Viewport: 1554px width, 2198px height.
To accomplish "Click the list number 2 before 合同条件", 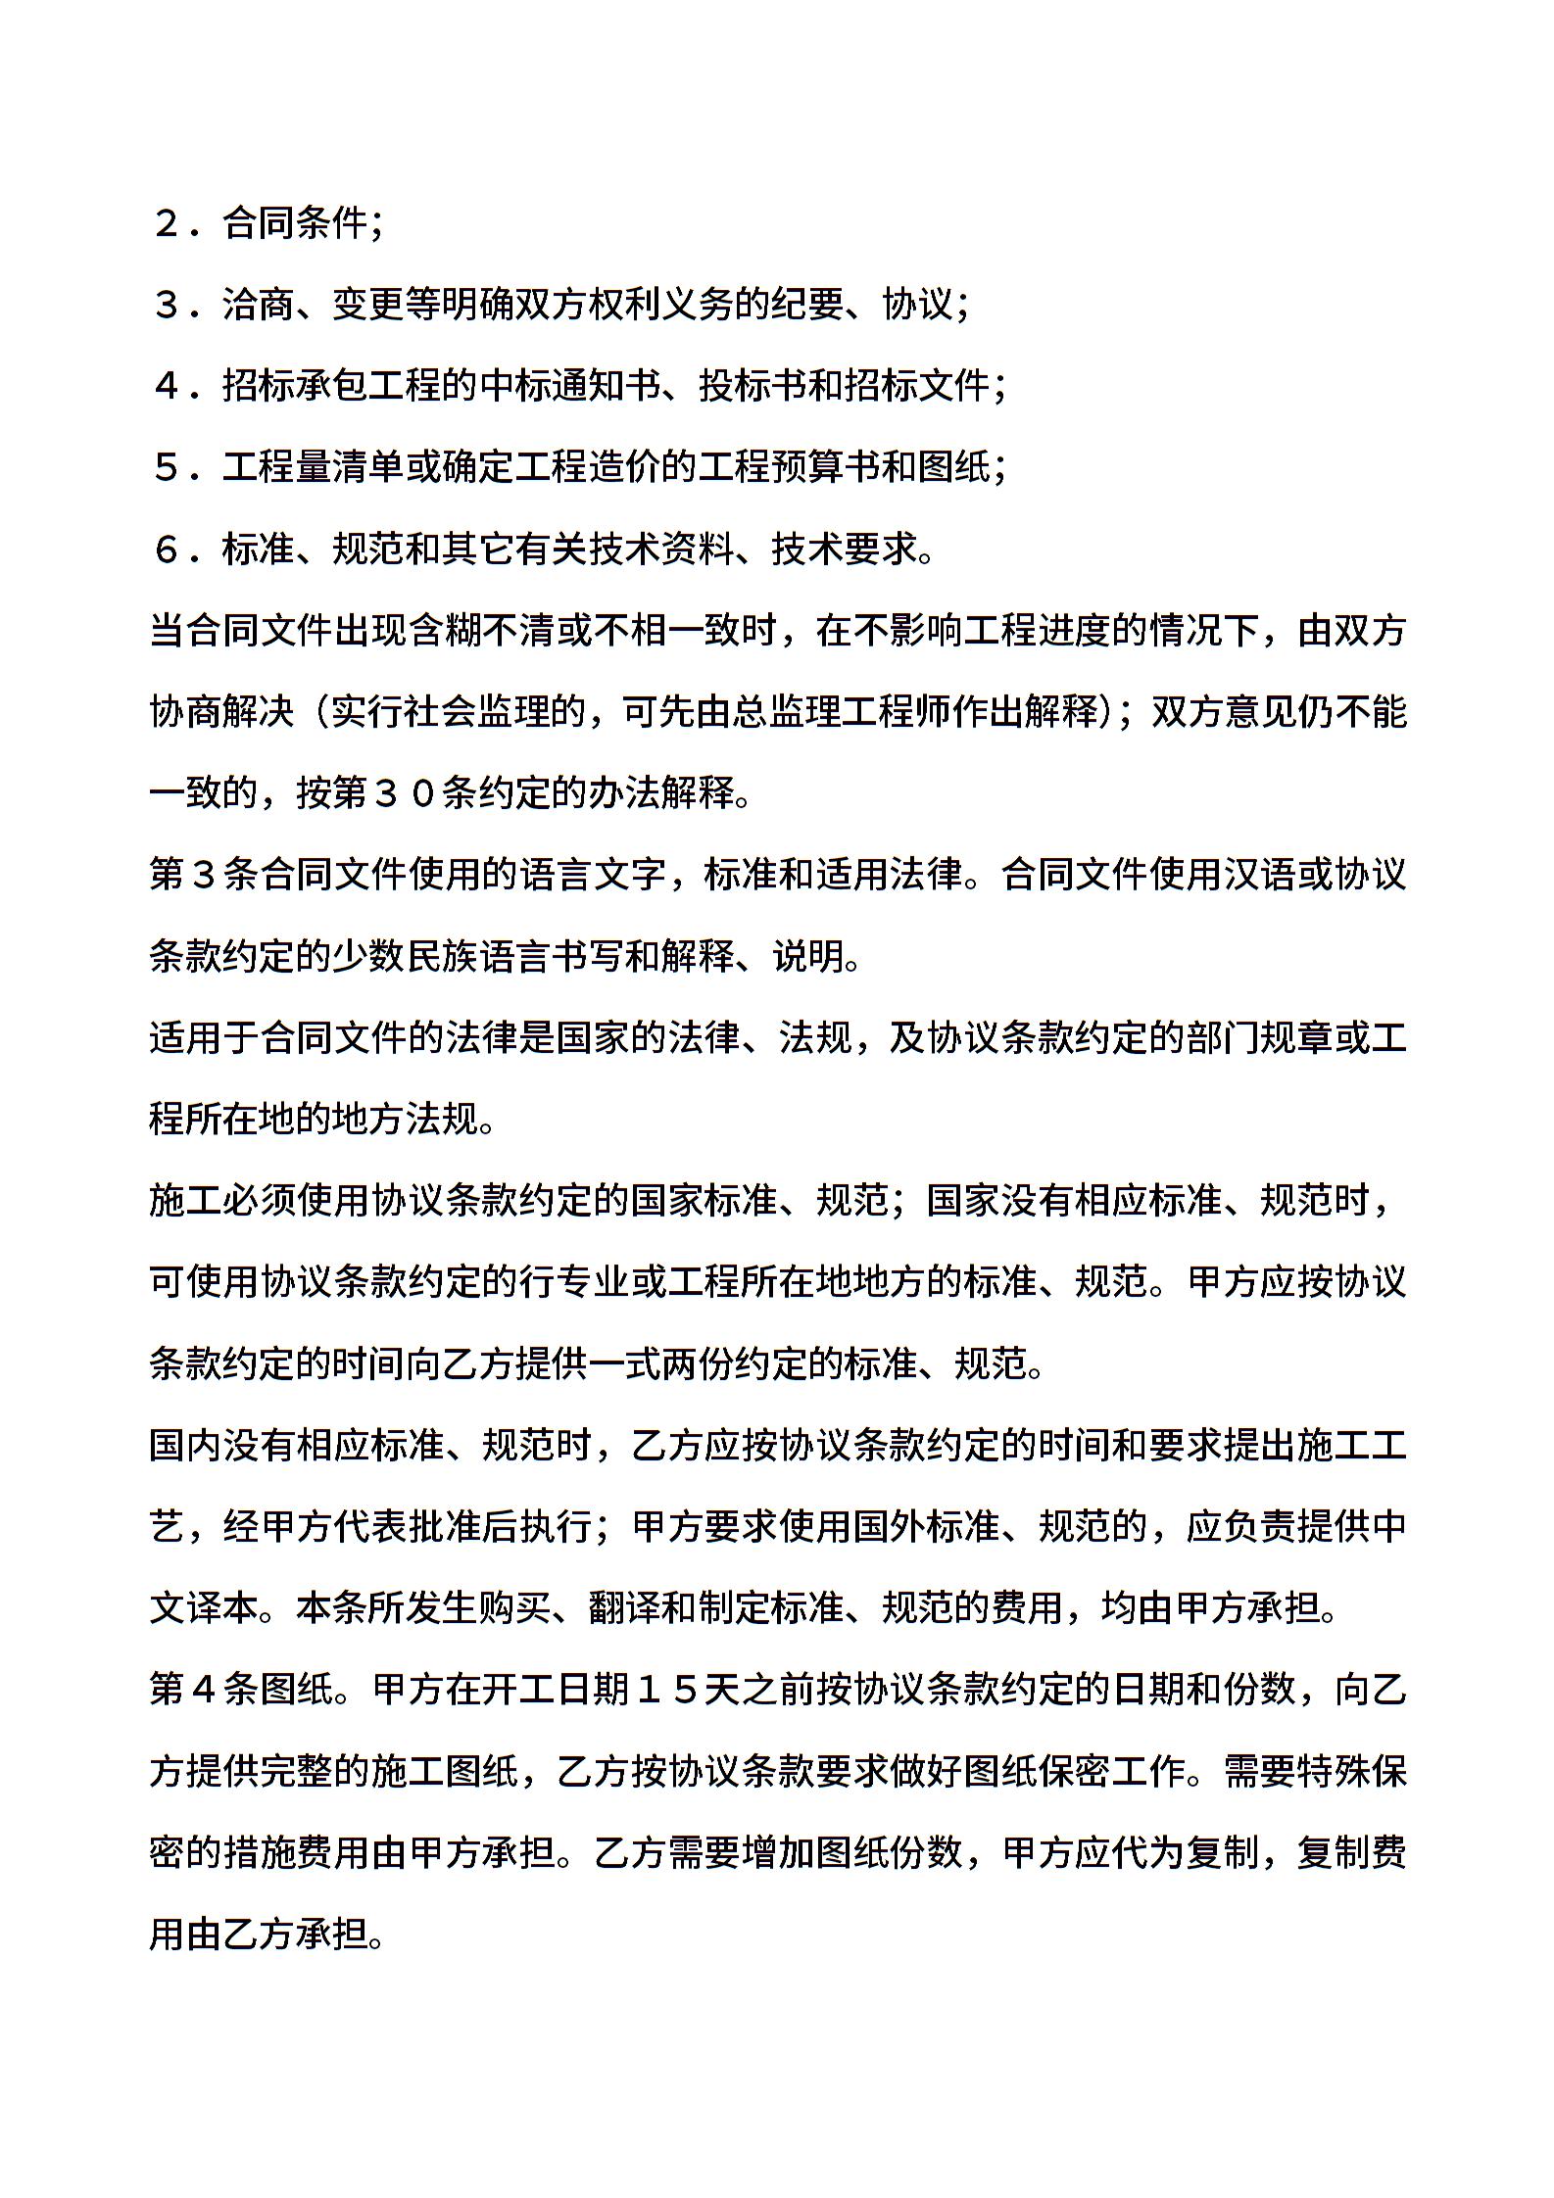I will (x=167, y=224).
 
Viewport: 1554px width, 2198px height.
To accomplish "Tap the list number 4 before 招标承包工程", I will (x=167, y=387).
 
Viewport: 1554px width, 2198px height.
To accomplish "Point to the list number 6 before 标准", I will (x=167, y=549).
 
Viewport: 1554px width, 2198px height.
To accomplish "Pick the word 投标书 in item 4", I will (x=753, y=387).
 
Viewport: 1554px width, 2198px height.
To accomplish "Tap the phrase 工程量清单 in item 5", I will (x=314, y=468).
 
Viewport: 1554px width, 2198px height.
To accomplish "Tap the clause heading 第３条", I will (x=204, y=875).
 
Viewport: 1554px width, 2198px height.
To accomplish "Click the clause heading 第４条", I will (x=204, y=1690).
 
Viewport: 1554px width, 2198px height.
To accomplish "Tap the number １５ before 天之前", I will (x=667, y=1690).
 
